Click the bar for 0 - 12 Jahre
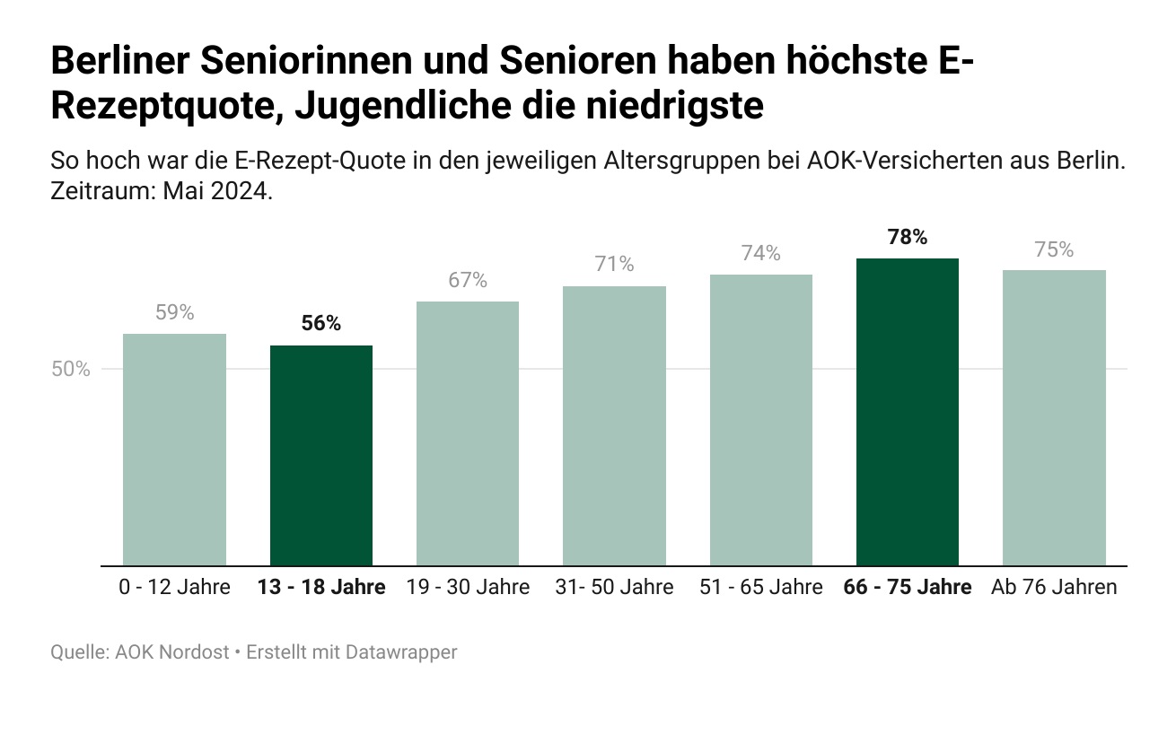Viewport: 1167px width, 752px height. click(174, 450)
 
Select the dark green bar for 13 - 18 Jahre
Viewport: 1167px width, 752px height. click(321, 456)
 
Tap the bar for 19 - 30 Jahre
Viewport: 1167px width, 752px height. click(468, 433)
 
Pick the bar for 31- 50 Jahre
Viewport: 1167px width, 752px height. click(614, 426)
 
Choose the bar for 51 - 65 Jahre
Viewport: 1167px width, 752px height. click(761, 420)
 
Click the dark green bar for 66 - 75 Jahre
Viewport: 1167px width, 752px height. click(908, 412)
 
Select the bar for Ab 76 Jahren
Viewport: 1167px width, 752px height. click(1054, 418)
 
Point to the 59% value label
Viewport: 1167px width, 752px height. click(174, 312)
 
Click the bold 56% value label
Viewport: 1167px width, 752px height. click(321, 324)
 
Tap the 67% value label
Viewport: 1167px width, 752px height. click(468, 280)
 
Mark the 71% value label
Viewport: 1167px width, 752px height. click(614, 264)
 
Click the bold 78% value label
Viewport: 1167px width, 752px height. click(908, 237)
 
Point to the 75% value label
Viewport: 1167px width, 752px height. click(1054, 249)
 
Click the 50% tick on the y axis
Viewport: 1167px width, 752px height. click(70, 369)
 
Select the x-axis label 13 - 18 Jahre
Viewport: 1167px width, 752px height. click(321, 588)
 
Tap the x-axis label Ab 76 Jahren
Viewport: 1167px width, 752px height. click(1054, 588)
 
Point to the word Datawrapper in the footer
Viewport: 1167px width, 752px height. click(408, 652)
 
